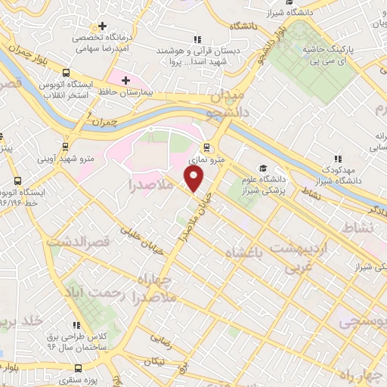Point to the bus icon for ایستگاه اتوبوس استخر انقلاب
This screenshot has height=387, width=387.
(67, 73)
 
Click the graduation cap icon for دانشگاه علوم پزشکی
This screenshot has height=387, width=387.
(262, 169)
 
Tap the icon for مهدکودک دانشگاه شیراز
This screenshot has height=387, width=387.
(337, 159)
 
